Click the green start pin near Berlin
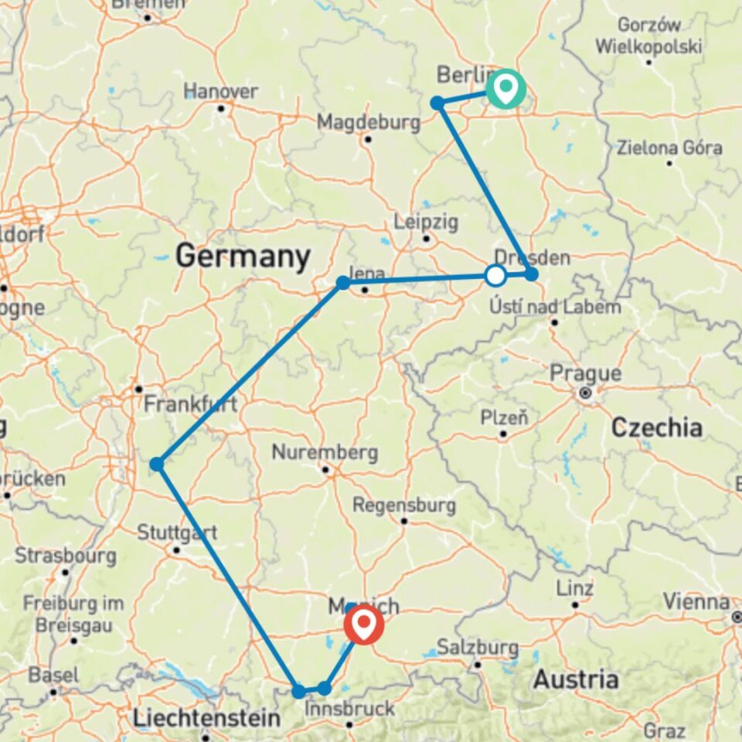point(505,87)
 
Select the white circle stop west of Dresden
point(495,275)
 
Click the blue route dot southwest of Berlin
point(437,103)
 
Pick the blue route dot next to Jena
point(343,284)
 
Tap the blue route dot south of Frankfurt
point(157,465)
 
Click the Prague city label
point(585,374)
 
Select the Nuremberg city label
point(325,452)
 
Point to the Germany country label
point(243,256)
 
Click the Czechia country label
point(657,427)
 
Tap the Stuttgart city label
point(177,533)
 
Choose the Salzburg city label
point(477,646)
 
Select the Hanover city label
point(221,91)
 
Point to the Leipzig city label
point(426,223)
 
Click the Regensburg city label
point(403,505)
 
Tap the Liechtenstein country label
point(206,718)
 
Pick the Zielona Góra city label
point(669,148)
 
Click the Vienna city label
point(696,601)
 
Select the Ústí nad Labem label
point(555,307)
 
